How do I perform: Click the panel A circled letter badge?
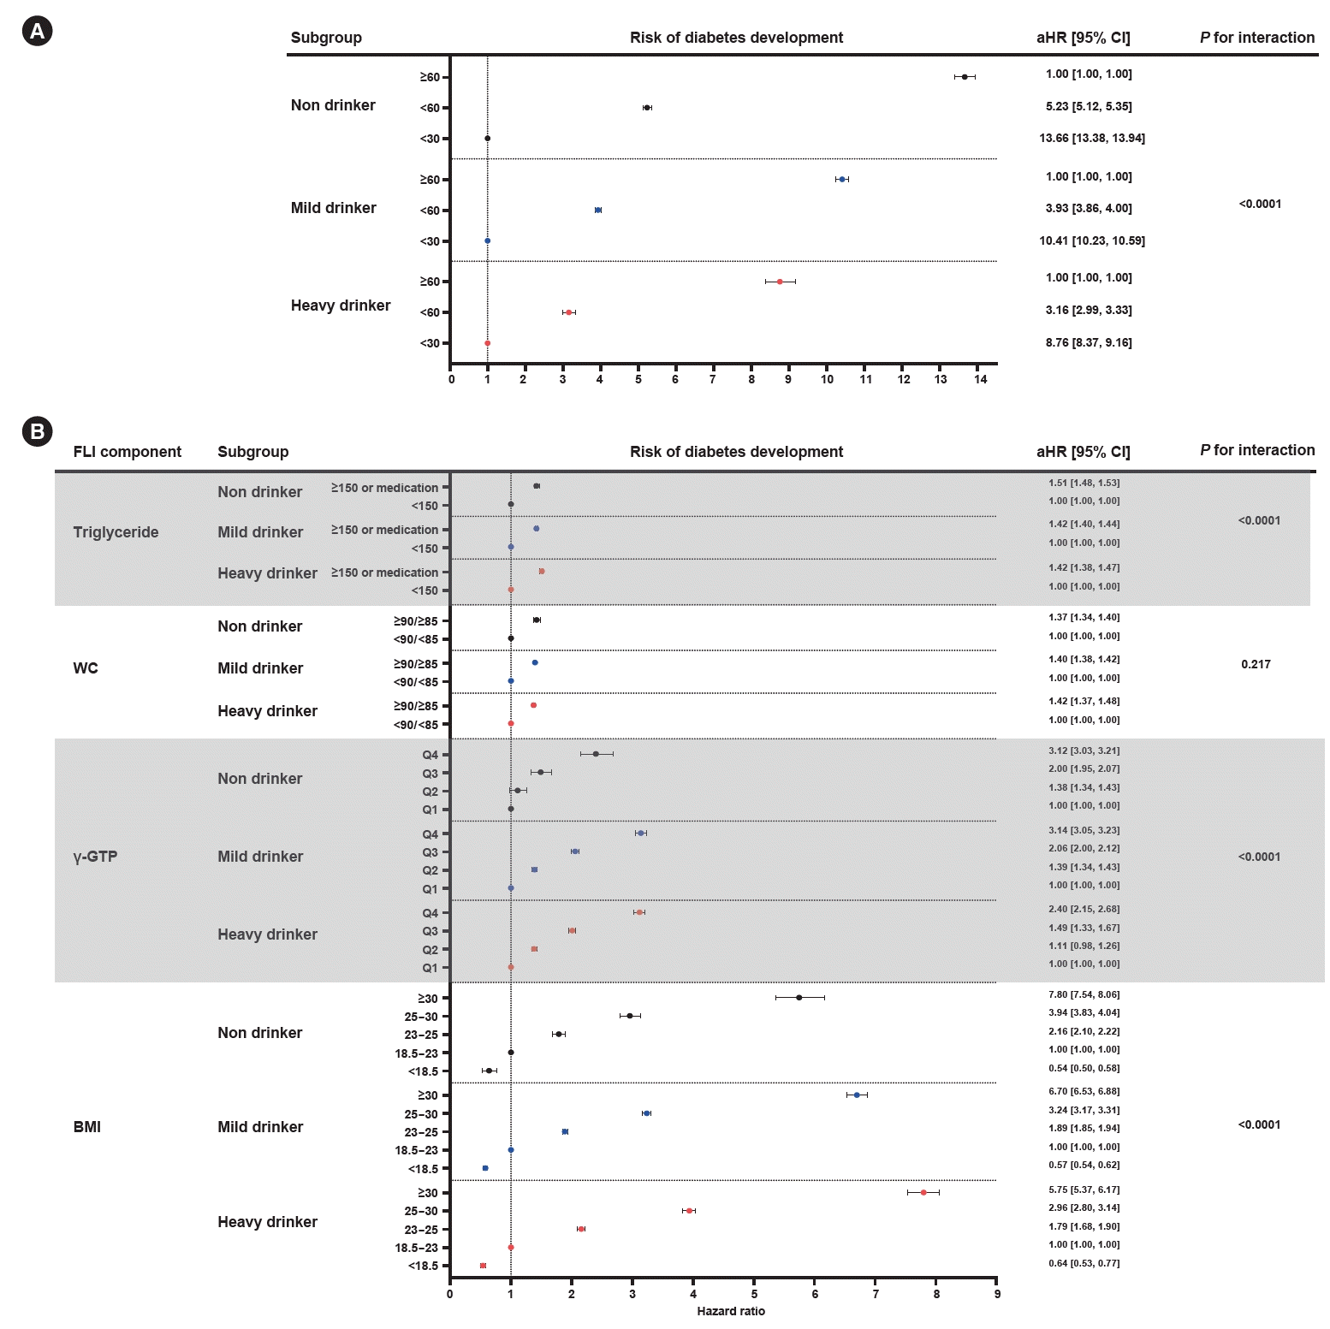[37, 32]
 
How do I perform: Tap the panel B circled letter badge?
[37, 431]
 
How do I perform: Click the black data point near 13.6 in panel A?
[965, 77]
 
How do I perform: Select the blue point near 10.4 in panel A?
[842, 180]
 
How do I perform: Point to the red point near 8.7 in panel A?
[780, 282]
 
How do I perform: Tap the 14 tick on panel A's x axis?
[981, 379]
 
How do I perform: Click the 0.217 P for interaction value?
[1256, 664]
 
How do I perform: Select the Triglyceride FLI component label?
[116, 532]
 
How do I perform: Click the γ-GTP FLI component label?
[95, 857]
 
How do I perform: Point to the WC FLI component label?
[86, 668]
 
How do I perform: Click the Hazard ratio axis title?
[731, 1311]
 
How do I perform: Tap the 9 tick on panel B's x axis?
[997, 1294]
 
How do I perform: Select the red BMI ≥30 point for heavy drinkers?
[923, 1192]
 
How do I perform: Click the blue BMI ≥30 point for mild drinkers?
[857, 1095]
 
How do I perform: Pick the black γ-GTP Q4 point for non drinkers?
[596, 754]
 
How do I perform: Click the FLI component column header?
[128, 452]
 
